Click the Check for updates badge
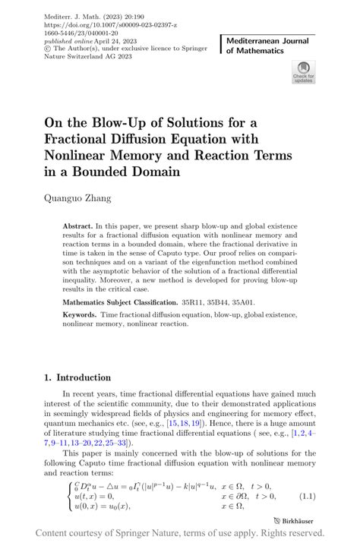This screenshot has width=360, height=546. (304, 73)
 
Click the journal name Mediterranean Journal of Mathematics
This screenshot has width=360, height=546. (264, 43)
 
